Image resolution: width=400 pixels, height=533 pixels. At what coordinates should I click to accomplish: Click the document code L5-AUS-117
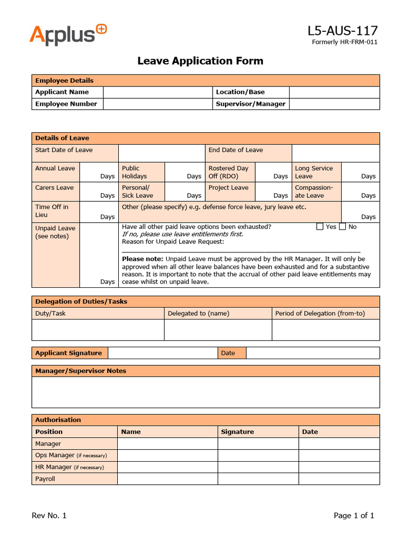point(343,31)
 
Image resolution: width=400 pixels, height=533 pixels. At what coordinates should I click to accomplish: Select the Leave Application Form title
point(200,61)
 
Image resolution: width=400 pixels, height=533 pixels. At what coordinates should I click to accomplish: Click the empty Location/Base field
point(334,92)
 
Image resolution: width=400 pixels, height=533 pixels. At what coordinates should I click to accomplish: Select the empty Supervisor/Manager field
point(334,104)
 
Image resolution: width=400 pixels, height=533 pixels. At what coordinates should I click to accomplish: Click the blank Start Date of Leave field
point(161,154)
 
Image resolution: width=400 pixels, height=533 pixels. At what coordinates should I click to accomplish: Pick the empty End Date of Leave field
point(335,154)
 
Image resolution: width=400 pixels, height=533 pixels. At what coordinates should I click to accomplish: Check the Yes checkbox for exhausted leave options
point(320,226)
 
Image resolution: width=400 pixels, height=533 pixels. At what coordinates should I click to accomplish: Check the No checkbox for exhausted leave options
point(342,226)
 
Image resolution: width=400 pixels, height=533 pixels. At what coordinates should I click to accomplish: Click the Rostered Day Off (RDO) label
point(229,172)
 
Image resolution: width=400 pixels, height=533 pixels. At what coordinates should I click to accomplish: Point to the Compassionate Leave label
point(314,192)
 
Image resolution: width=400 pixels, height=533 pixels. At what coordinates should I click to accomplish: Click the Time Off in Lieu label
point(52,211)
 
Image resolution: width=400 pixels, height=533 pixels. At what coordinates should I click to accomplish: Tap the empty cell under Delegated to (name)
point(218,330)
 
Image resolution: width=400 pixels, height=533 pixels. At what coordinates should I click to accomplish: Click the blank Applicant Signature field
point(162,353)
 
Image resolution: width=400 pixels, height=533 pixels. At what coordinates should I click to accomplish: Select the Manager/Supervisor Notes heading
point(81,371)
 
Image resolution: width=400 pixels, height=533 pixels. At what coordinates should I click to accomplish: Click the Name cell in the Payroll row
point(167,479)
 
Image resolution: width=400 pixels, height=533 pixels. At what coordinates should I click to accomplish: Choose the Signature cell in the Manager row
point(258,443)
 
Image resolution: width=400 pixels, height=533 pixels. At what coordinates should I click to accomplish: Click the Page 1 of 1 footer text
point(354,516)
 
